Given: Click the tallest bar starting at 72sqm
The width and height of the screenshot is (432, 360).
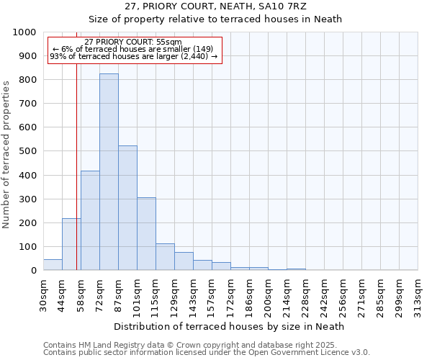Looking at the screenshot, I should [x=109, y=172].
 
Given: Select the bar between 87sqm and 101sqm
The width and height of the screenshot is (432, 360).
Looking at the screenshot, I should [x=127, y=208].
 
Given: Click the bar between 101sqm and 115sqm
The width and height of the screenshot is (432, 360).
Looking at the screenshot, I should [x=146, y=234].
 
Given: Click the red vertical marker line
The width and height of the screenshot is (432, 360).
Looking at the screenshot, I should [x=76, y=180].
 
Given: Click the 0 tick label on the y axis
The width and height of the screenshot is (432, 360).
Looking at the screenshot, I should [x=34, y=271].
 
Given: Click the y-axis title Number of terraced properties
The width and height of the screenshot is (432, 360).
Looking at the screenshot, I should [x=6, y=154].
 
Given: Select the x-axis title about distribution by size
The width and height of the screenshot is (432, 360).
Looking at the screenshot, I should [x=230, y=326].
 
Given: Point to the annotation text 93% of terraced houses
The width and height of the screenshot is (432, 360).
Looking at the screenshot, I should [x=133, y=56].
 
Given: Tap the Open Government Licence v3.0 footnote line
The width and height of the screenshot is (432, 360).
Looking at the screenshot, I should [x=207, y=353].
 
